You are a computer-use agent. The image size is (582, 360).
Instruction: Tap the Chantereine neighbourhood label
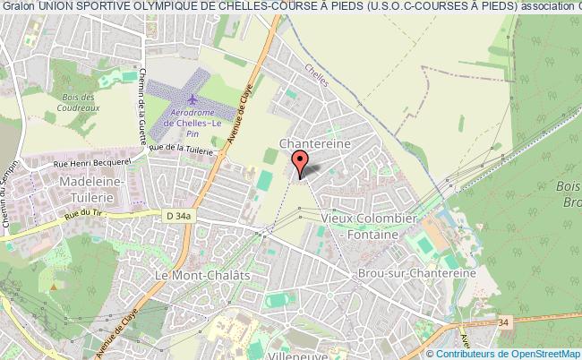tap(312, 142)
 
